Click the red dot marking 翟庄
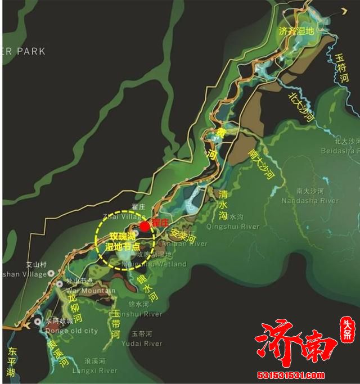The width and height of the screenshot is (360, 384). pyautogui.click(x=145, y=226)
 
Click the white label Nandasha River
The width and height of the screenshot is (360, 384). pyautogui.click(x=310, y=200)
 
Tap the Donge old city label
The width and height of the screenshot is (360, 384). pyautogui.click(x=60, y=331)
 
